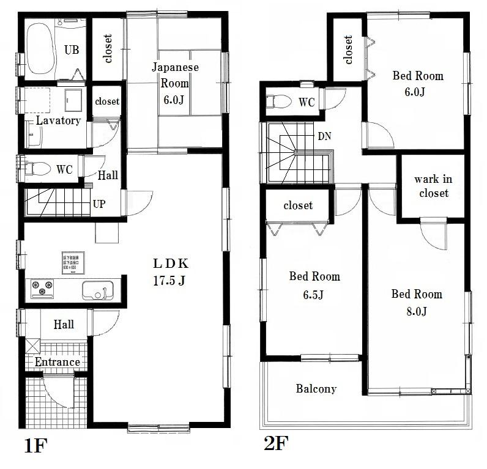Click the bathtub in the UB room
pyautogui.click(x=41, y=49)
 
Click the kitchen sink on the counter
pyautogui.click(x=97, y=290)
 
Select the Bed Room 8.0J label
pyautogui.click(x=417, y=302)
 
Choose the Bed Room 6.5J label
pyautogui.click(x=314, y=286)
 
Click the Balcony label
pyautogui.click(x=316, y=388)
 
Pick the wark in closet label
pyautogui.click(x=433, y=186)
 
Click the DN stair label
pyautogui.click(x=324, y=136)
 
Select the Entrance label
pyautogui.click(x=57, y=362)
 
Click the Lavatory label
pyautogui.click(x=58, y=120)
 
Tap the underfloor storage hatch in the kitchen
pyautogui.click(x=72, y=262)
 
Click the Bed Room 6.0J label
pyautogui.click(x=418, y=84)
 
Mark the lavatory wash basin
pyautogui.click(x=74, y=97)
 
